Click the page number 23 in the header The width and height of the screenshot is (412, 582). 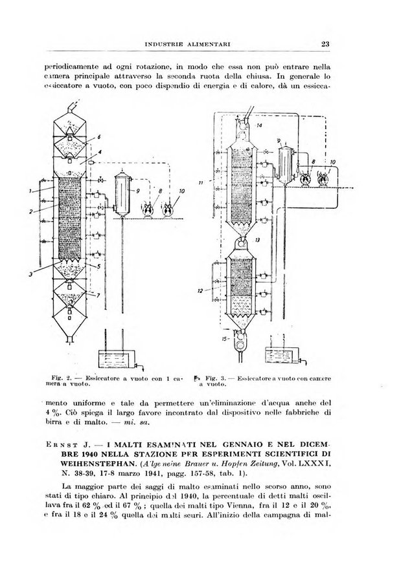325,44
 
